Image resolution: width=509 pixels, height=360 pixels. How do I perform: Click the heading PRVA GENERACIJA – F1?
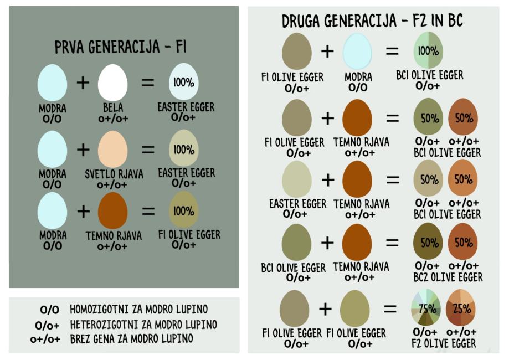[120, 47]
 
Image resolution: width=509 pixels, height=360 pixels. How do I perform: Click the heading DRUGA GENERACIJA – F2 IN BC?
[372, 21]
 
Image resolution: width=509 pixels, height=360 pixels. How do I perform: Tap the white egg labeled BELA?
[112, 83]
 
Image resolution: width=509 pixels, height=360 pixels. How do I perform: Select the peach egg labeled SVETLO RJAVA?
[112, 150]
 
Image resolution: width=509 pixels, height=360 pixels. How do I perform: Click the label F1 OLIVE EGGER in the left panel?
[189, 234]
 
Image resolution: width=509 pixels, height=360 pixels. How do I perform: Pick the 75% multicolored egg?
[426, 307]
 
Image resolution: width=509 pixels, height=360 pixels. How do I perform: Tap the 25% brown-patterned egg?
[461, 307]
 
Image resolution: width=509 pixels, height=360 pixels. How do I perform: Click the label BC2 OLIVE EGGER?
[448, 277]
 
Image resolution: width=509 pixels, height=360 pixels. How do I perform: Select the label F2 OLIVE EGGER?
[444, 343]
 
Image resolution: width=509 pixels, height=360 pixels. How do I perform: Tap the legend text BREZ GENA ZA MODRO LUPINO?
[131, 338]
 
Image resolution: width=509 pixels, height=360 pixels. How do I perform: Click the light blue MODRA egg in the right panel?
[357, 52]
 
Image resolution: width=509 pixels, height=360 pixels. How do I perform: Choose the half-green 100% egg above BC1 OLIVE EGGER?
[428, 50]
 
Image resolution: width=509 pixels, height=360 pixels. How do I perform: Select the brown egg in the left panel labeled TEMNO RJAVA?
[112, 210]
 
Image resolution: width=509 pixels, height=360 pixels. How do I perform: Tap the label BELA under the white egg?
[113, 107]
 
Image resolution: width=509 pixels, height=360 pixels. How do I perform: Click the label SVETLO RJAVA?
[114, 174]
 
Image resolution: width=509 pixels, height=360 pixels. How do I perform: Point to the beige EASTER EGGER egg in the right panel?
[297, 179]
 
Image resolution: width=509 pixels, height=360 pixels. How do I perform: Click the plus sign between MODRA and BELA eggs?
[83, 83]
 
